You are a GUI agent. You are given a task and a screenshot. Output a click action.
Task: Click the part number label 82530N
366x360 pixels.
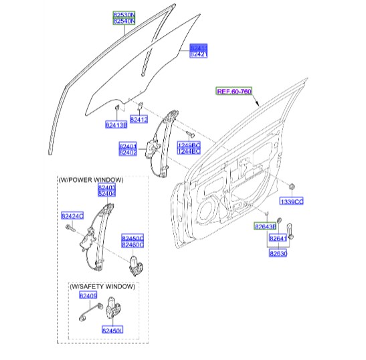tap(123, 13)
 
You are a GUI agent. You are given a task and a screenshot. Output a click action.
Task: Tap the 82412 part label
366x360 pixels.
tap(139, 120)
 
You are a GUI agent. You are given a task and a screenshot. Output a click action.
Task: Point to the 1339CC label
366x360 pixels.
tap(292, 200)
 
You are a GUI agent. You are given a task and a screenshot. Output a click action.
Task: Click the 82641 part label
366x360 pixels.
tap(278, 238)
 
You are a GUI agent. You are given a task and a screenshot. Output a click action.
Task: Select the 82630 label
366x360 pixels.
tap(278, 254)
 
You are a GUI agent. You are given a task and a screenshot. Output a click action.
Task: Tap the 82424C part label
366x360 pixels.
tap(72, 215)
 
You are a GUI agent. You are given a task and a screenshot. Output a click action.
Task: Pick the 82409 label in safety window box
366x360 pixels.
tap(88, 295)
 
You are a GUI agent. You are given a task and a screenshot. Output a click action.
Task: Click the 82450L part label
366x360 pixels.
tap(112, 330)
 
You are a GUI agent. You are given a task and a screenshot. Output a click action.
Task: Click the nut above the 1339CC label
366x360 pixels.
tap(293, 185)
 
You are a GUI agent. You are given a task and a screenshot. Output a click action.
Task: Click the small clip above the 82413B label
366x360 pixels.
tap(116, 108)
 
